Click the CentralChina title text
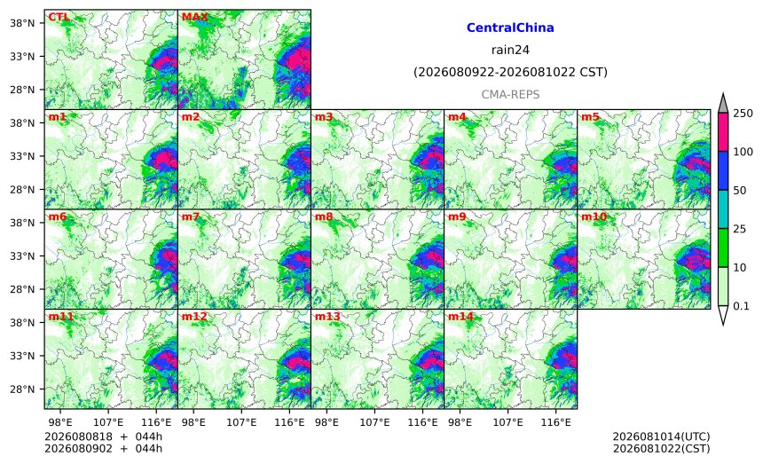[510, 28]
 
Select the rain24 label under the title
[510, 50]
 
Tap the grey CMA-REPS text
[510, 94]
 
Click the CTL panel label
[59, 18]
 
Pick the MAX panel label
[194, 18]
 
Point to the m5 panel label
[590, 117]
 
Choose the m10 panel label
[594, 217]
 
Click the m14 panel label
[460, 317]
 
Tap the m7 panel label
[191, 217]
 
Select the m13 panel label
[327, 317]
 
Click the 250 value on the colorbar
[743, 114]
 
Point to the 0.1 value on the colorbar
[741, 306]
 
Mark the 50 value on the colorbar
[740, 190]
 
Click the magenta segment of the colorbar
[722, 132]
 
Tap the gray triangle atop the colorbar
[722, 104]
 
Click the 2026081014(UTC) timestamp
[661, 436]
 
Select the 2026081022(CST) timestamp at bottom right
[661, 448]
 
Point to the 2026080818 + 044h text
[103, 436]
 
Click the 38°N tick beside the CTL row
[22, 23]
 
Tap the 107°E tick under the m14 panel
[508, 422]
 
